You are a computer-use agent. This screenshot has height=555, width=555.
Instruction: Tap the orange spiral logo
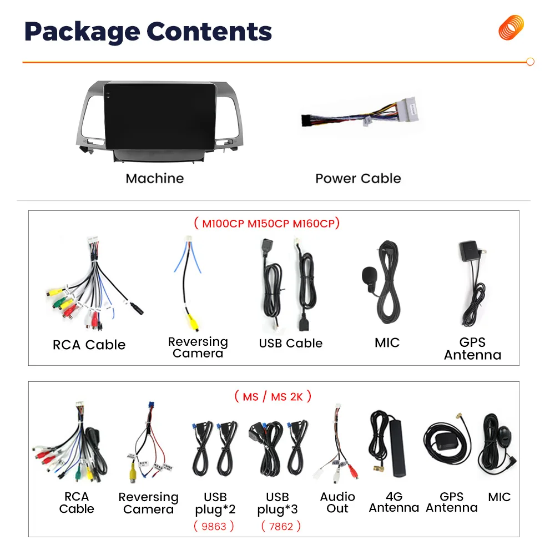point(511,28)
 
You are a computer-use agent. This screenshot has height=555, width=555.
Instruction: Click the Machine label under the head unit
point(154,178)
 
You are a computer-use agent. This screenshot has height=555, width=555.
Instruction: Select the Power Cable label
point(358,178)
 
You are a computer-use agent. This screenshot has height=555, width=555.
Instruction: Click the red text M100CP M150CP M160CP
point(266,224)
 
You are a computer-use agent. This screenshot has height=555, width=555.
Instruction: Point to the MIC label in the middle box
point(387,343)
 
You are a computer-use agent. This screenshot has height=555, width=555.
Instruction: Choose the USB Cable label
point(290,344)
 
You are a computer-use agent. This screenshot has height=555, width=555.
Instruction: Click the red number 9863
point(214,526)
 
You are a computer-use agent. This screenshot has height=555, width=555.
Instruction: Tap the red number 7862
point(281,526)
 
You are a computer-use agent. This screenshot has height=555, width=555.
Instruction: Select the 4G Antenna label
point(394,502)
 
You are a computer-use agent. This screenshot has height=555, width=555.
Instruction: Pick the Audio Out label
point(337,502)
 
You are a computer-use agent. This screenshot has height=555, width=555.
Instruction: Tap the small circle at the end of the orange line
point(530,62)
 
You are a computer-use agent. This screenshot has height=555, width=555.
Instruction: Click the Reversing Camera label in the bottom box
point(148,503)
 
